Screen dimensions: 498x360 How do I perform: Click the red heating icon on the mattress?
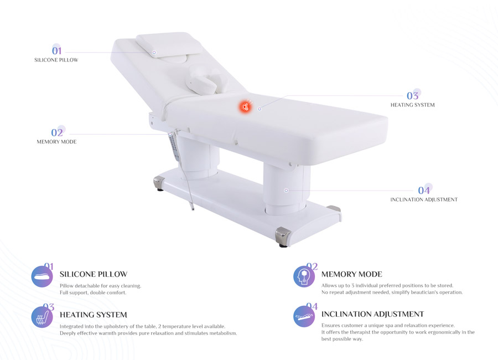click(245, 106)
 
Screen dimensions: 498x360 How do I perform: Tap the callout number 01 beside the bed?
click(56, 50)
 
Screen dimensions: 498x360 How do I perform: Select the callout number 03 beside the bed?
click(413, 96)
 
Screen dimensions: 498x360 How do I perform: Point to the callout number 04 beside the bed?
click(424, 190)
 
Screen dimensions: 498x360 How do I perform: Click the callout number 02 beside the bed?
click(57, 132)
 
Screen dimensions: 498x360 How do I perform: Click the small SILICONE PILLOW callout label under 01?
click(56, 60)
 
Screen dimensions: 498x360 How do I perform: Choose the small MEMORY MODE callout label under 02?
click(56, 142)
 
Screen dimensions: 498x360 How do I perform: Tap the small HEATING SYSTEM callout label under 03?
click(413, 105)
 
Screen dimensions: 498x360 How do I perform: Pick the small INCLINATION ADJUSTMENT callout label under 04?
click(424, 200)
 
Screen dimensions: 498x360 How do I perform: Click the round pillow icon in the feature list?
click(42, 277)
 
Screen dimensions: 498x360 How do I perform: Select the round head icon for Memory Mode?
click(304, 277)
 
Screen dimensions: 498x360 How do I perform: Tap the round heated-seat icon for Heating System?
click(42, 317)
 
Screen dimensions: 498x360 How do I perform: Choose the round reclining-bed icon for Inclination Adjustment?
click(304, 316)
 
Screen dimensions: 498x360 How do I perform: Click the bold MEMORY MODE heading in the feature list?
click(352, 274)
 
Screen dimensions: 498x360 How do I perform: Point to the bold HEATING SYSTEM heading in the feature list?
click(94, 315)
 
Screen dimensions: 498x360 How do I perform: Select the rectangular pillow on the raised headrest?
click(169, 45)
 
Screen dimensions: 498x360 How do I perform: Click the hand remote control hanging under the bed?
click(174, 147)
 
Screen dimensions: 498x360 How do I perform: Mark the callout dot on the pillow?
click(154, 52)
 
